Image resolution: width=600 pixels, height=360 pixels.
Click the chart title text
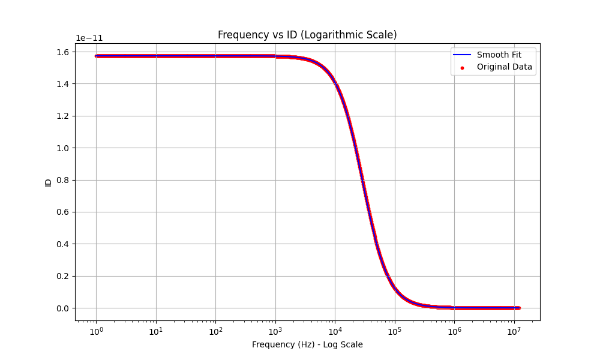[307, 35]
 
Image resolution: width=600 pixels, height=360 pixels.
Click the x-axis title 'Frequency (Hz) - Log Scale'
[307, 344]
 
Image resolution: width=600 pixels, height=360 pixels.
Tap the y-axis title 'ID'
[49, 182]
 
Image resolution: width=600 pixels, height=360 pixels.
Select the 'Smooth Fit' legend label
[499, 55]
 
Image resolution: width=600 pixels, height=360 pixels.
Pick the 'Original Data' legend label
[504, 67]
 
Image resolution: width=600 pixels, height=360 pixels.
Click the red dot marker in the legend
[462, 67]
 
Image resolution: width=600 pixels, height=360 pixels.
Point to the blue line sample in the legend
[462, 55]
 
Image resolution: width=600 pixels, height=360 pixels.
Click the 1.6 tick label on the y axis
[62, 52]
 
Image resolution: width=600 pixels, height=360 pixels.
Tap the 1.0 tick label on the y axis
[62, 148]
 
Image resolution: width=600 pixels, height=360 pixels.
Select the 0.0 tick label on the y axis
[62, 308]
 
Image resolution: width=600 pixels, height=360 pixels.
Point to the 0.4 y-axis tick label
[62, 244]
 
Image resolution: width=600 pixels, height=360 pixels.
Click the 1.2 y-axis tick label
[62, 116]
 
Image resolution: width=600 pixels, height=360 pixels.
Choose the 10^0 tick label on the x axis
[96, 331]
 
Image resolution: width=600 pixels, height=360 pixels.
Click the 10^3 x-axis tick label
[275, 331]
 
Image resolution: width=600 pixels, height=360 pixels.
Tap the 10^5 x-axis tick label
[395, 331]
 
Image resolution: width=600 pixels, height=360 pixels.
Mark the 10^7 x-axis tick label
[514, 331]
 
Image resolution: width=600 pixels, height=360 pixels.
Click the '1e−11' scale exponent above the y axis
[89, 38]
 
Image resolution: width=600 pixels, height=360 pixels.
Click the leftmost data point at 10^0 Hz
[96, 56]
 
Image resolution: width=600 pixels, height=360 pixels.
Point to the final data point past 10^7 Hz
[518, 308]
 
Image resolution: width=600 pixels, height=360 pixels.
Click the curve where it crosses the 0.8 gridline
[362, 180]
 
